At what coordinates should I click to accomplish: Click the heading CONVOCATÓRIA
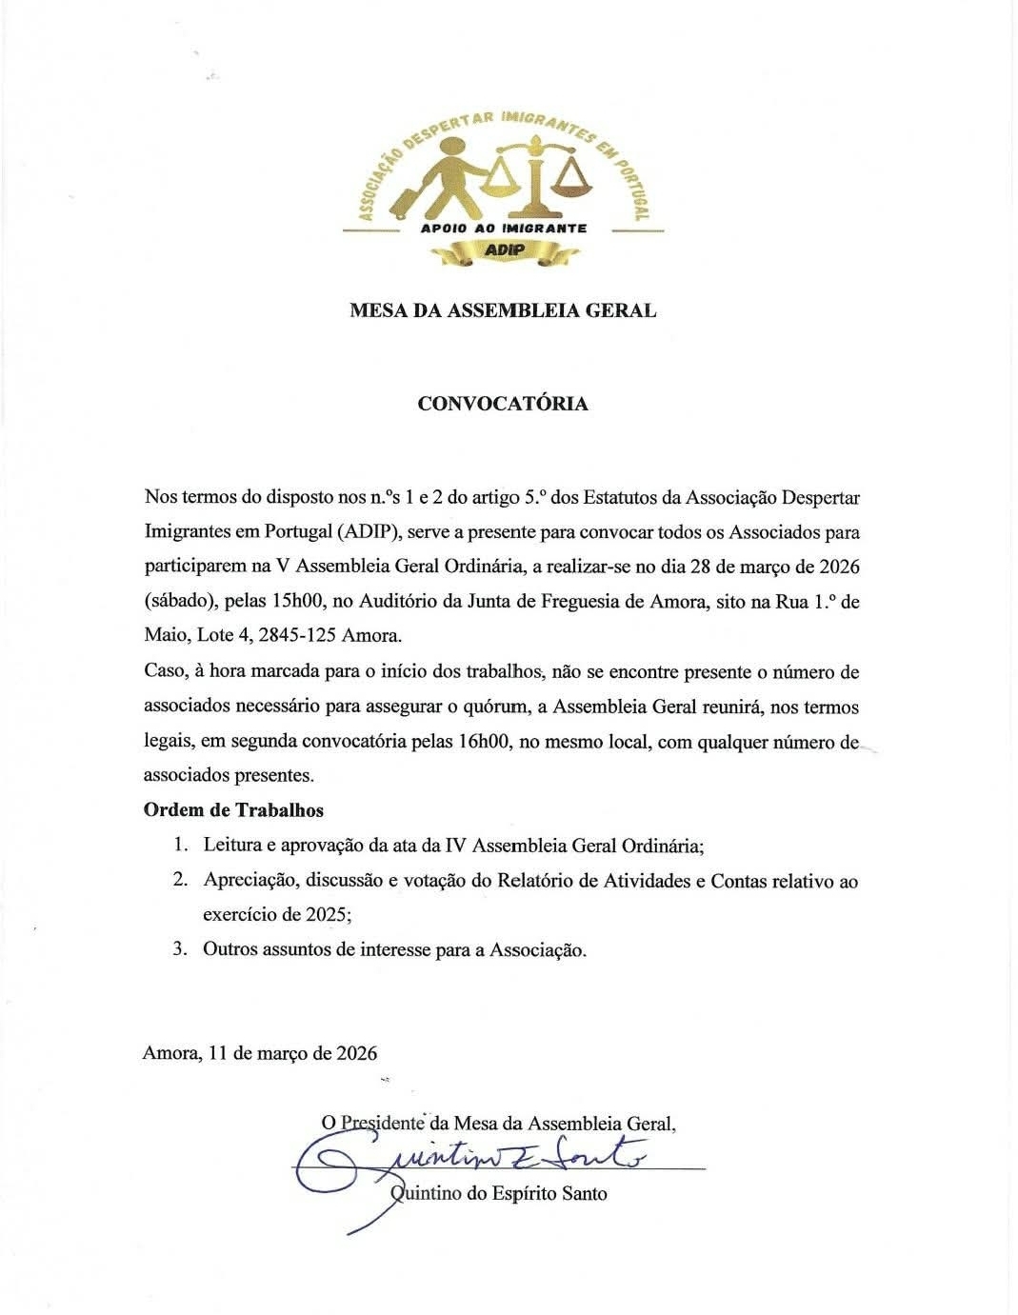point(503,403)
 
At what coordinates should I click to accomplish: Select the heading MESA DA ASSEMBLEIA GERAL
point(503,310)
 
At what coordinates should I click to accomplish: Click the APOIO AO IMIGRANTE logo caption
point(504,229)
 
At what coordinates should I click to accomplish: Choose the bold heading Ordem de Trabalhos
point(233,810)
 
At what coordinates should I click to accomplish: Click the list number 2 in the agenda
point(179,880)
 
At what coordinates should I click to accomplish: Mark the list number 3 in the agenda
point(179,949)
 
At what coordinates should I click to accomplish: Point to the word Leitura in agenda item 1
point(232,846)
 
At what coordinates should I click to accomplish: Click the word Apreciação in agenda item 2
point(249,881)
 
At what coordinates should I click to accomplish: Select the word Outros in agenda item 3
point(230,949)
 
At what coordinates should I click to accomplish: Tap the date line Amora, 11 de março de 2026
point(260,1053)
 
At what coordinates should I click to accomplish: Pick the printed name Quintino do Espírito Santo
point(500,1193)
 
